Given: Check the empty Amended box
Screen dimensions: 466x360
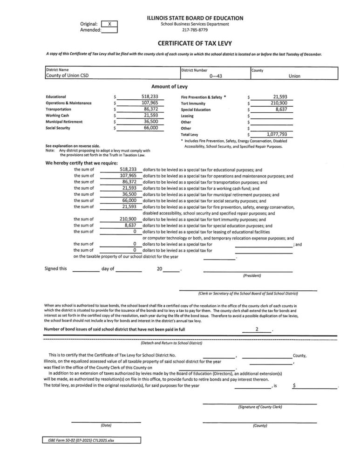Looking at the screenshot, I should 109,30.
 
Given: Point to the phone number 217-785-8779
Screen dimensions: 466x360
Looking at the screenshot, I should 195,30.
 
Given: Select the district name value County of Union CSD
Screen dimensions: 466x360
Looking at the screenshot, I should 67,76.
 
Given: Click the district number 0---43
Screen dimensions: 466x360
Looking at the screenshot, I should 215,76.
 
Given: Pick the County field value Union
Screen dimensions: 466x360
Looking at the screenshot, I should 294,76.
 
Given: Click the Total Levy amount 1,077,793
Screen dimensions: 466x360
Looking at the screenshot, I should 277,134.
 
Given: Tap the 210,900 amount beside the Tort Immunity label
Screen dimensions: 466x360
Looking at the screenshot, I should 278,103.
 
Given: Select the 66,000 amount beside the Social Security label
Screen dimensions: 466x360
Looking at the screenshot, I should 150,128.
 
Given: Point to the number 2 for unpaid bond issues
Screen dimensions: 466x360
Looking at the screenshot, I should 257,329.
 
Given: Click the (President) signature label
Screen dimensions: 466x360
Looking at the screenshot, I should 251,276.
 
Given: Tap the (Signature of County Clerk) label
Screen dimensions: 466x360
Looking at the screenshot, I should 259,407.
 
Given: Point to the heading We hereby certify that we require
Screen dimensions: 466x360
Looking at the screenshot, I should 81,164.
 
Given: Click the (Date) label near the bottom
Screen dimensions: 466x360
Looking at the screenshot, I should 105,425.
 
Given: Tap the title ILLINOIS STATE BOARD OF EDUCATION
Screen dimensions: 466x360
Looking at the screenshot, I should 195,18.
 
